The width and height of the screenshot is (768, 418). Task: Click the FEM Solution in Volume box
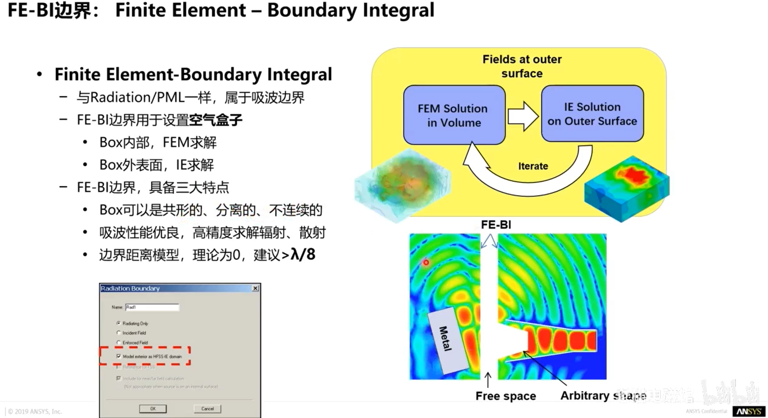454,115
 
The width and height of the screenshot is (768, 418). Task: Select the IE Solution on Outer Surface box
592,114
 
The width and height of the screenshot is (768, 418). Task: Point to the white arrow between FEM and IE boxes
523,115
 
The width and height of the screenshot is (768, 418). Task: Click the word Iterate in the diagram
533,166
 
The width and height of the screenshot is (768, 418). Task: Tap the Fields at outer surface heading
522,66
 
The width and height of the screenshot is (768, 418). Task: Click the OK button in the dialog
153,409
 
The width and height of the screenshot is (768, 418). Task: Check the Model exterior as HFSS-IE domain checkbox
119,356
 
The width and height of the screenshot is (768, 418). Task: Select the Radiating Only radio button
119,323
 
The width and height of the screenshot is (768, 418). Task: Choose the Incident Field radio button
119,333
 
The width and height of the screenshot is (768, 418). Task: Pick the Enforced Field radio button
119,343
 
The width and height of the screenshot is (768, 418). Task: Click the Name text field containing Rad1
152,308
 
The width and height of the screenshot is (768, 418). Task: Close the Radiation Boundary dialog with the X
255,288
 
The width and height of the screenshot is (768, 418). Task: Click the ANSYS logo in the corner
748,411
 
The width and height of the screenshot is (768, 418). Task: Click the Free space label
505,396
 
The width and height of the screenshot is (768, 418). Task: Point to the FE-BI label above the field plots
496,225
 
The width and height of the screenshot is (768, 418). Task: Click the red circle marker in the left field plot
426,263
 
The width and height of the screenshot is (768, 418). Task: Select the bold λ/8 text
303,254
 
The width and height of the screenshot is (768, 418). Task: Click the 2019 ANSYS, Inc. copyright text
35,411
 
